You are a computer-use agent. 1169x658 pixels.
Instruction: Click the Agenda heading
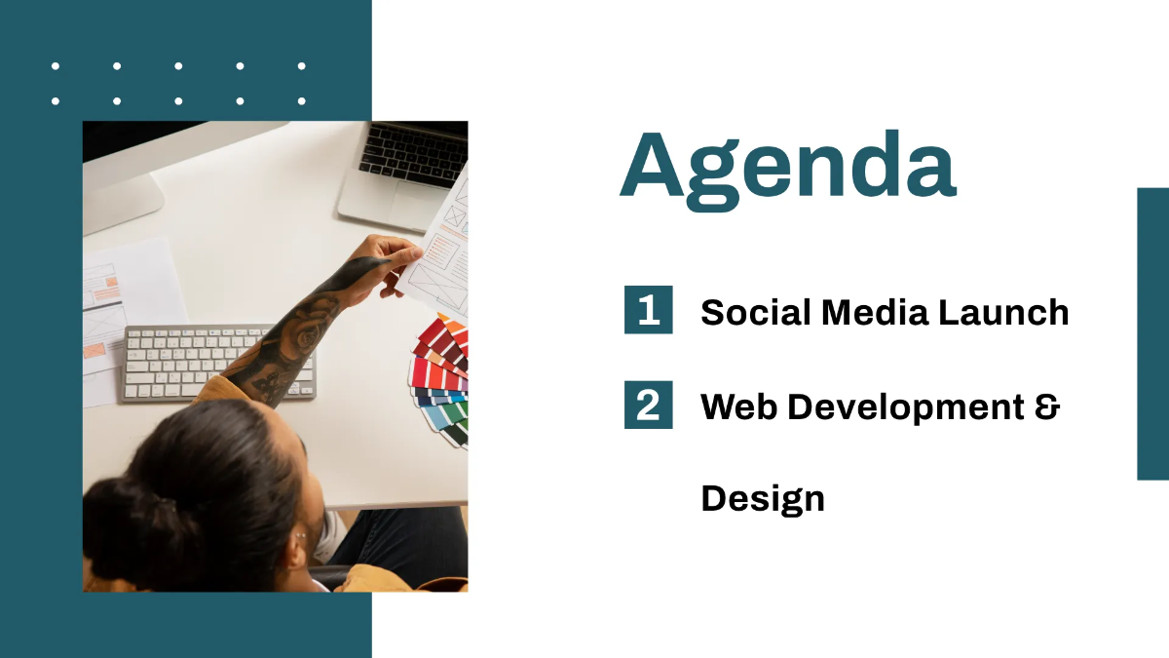pos(787,168)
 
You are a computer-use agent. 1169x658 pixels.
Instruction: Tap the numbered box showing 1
pos(648,311)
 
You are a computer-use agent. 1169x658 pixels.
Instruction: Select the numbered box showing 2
pos(648,405)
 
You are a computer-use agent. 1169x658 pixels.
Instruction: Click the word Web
pos(738,406)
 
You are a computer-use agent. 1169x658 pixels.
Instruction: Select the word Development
pos(903,407)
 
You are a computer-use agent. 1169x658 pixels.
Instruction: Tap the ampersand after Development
pos(1046,406)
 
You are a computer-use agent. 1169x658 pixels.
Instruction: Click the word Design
pos(762,498)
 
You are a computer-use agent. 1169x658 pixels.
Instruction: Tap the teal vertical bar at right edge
pos(1152,333)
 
